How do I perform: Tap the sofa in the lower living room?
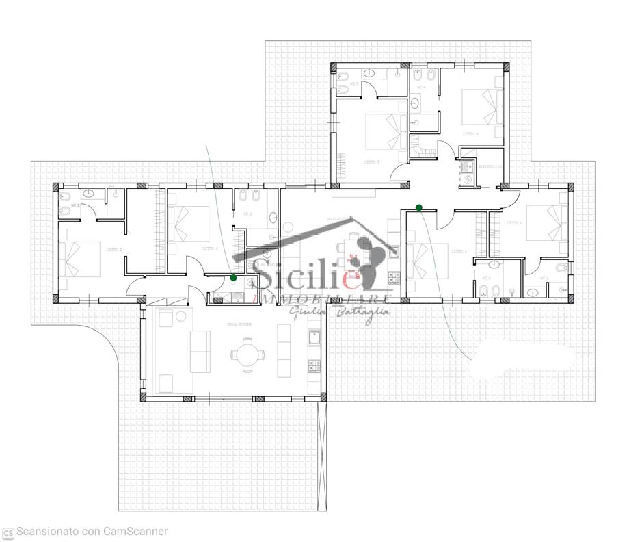[200, 350]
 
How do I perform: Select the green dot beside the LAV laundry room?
[234, 278]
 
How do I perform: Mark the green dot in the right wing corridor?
[418, 207]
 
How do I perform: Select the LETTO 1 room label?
[113, 249]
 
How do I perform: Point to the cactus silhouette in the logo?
[371, 260]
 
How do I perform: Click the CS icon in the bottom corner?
[8, 532]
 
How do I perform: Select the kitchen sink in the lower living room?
[315, 337]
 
